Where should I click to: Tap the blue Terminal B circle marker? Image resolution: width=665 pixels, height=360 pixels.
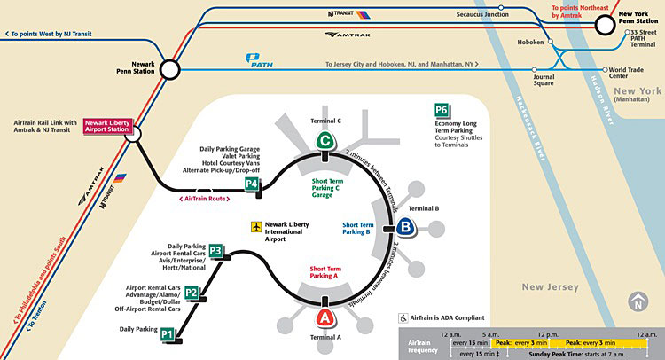405,227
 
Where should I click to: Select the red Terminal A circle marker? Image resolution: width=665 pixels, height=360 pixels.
325,315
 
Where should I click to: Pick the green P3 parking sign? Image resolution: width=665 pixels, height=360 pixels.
216,250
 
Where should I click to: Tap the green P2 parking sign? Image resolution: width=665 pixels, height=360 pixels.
191,293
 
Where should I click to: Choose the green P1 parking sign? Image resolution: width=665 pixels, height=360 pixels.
168,334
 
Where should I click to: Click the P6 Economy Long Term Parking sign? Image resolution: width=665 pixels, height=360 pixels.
442,111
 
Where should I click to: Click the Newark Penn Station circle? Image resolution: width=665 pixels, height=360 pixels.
168,69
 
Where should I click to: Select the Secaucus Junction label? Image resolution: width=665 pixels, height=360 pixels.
482,15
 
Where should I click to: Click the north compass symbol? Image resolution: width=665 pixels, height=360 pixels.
637,303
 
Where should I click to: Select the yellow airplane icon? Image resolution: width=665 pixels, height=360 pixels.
257,228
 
